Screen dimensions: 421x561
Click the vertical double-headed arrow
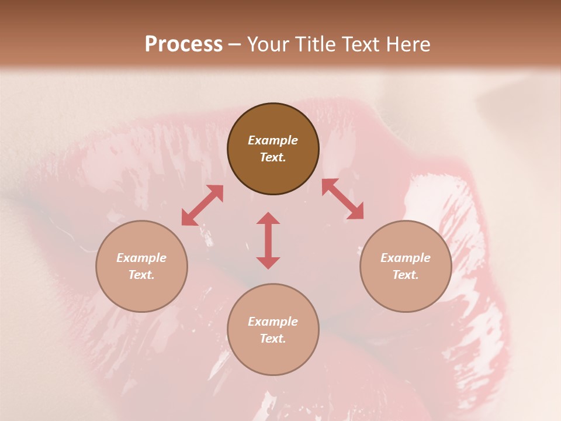pos(268,240)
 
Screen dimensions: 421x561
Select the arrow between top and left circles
pos(202,205)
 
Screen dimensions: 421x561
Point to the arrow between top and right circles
pos(342,199)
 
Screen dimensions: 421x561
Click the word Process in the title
pos(183,44)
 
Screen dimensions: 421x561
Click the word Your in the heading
pos(268,44)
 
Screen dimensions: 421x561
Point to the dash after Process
pos(235,44)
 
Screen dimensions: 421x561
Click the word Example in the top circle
pos(273,140)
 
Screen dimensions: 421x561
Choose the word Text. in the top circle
pos(273,157)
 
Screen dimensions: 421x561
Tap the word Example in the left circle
pos(141,258)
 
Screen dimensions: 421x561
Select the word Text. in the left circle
pos(141,275)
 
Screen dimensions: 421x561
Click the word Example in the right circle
pos(406,258)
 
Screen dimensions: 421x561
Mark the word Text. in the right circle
pos(406,275)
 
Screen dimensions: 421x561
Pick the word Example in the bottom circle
pos(273,322)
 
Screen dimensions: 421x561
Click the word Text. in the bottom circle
pos(273,339)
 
